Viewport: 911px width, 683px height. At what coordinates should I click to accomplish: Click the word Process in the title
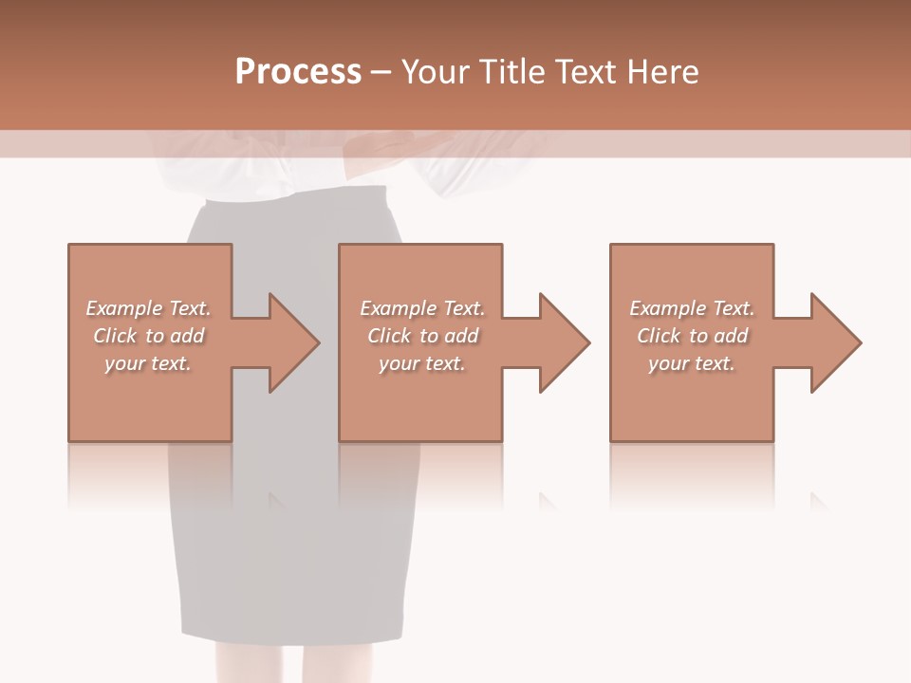pos(298,72)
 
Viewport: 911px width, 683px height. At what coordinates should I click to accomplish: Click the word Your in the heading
pos(435,72)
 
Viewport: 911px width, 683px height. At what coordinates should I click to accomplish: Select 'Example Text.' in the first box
pos(148,308)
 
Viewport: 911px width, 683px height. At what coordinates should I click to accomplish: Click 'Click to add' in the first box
pos(148,336)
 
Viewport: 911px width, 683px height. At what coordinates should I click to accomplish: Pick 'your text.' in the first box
pos(148,363)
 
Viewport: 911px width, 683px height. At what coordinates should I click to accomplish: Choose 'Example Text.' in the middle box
pos(422,308)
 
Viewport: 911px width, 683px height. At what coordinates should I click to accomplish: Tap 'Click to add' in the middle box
pos(422,336)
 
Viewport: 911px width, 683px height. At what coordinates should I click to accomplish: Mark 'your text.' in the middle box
pos(422,363)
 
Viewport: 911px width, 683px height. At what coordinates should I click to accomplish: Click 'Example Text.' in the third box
pos(692,308)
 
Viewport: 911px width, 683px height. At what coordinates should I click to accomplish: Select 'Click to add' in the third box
pos(692,336)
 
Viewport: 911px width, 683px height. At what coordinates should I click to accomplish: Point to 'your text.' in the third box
pos(692,363)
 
